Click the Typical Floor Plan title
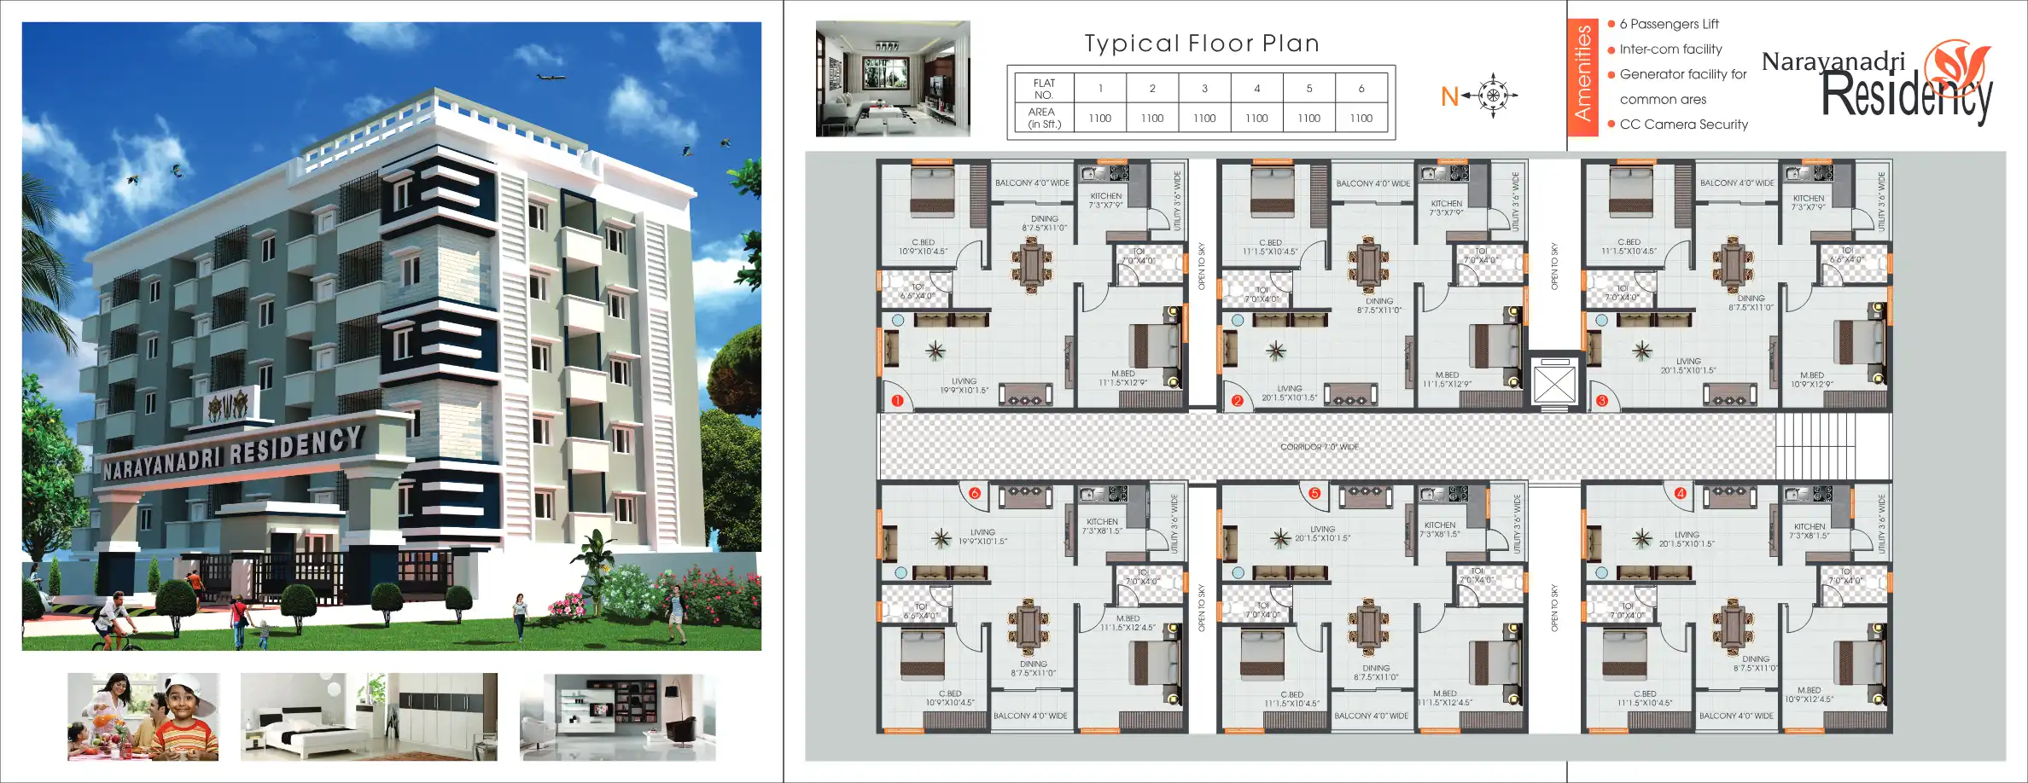(1202, 43)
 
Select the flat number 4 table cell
(1256, 88)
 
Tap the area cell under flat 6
(1361, 119)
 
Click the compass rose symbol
(1494, 96)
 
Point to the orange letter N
(1449, 97)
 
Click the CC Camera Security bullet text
(1683, 125)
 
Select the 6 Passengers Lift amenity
(1669, 25)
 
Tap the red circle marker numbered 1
(897, 401)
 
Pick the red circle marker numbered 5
(1314, 493)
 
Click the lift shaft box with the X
(1553, 385)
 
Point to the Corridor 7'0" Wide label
(1319, 447)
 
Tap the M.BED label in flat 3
(1811, 375)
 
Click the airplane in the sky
(551, 78)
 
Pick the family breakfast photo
(143, 716)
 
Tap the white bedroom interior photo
(369, 716)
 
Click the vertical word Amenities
(1582, 72)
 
